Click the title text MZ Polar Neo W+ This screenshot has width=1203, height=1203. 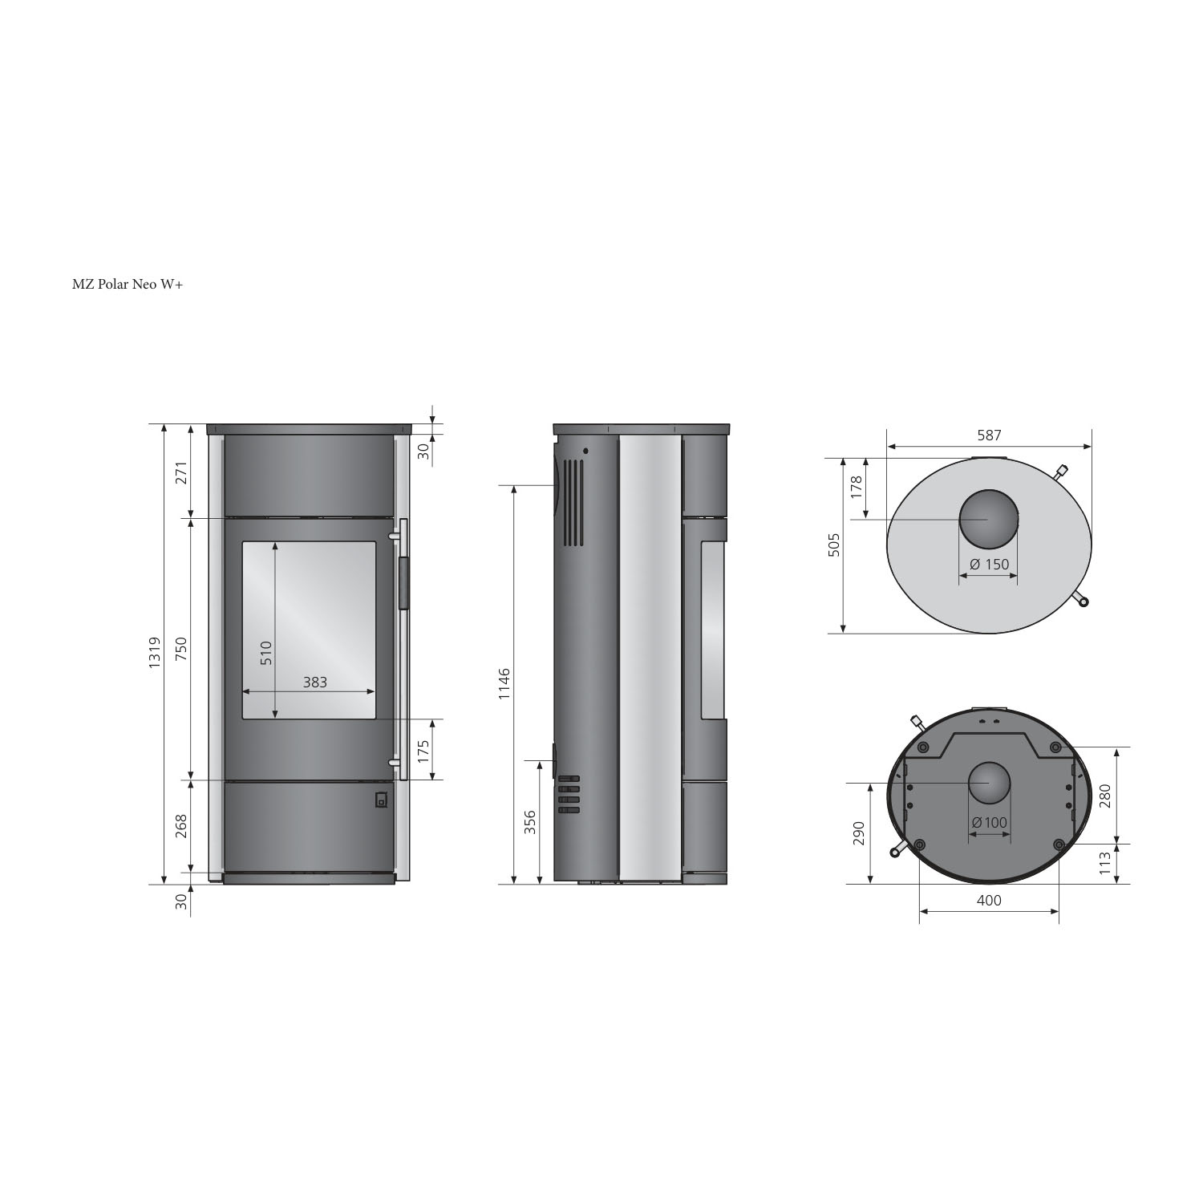128,284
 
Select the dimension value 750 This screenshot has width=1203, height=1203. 180,649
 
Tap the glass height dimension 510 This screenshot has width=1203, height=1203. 266,652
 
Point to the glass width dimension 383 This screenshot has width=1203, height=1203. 314,682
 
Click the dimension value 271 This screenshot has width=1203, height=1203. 180,473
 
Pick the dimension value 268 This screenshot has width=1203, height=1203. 180,826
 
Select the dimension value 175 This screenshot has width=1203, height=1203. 423,750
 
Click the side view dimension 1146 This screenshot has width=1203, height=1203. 504,683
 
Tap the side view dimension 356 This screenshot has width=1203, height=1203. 529,823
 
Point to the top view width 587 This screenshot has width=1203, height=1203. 989,435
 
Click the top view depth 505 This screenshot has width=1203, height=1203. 834,545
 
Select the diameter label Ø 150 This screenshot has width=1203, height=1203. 989,564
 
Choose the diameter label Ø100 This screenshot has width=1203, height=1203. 989,822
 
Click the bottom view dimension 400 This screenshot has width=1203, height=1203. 989,900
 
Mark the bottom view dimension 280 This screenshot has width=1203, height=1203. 1105,796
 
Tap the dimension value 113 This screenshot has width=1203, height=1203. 1105,864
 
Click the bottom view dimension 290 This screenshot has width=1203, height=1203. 859,834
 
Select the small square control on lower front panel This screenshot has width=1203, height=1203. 381,800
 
